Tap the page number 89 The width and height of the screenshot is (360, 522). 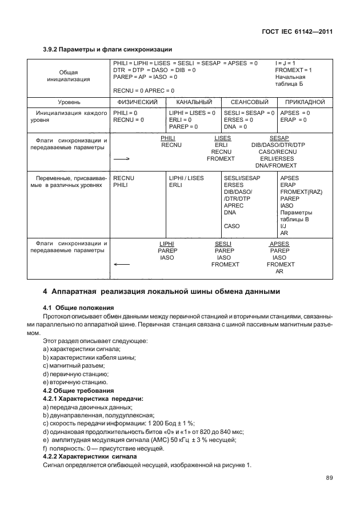point(329,477)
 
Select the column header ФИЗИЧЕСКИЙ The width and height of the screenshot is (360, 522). point(137,102)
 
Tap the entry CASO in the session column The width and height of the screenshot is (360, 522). point(232,226)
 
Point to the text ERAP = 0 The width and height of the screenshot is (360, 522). point(293,120)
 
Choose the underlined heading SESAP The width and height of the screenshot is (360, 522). point(279,138)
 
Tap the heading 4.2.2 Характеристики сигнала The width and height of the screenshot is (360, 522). point(90,457)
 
